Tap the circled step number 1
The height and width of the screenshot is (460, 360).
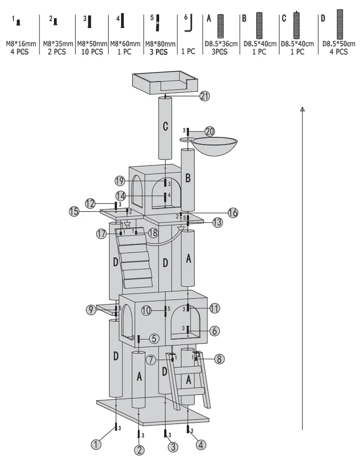point(96,444)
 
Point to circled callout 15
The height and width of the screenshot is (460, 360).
point(74,211)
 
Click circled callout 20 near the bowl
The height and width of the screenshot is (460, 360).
point(209,131)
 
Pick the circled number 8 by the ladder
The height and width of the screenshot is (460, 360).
point(219,359)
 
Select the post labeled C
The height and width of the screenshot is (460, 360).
point(166,128)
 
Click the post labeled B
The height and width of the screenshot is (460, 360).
point(188,178)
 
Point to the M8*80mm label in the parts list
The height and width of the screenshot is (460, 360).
point(160,44)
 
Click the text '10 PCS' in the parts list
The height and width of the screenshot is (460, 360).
point(92,52)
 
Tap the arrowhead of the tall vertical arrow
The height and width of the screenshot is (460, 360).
point(302,108)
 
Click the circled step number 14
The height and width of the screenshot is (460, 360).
point(120,196)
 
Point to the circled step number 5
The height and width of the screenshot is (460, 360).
point(154,338)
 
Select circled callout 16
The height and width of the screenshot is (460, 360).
point(233,213)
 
